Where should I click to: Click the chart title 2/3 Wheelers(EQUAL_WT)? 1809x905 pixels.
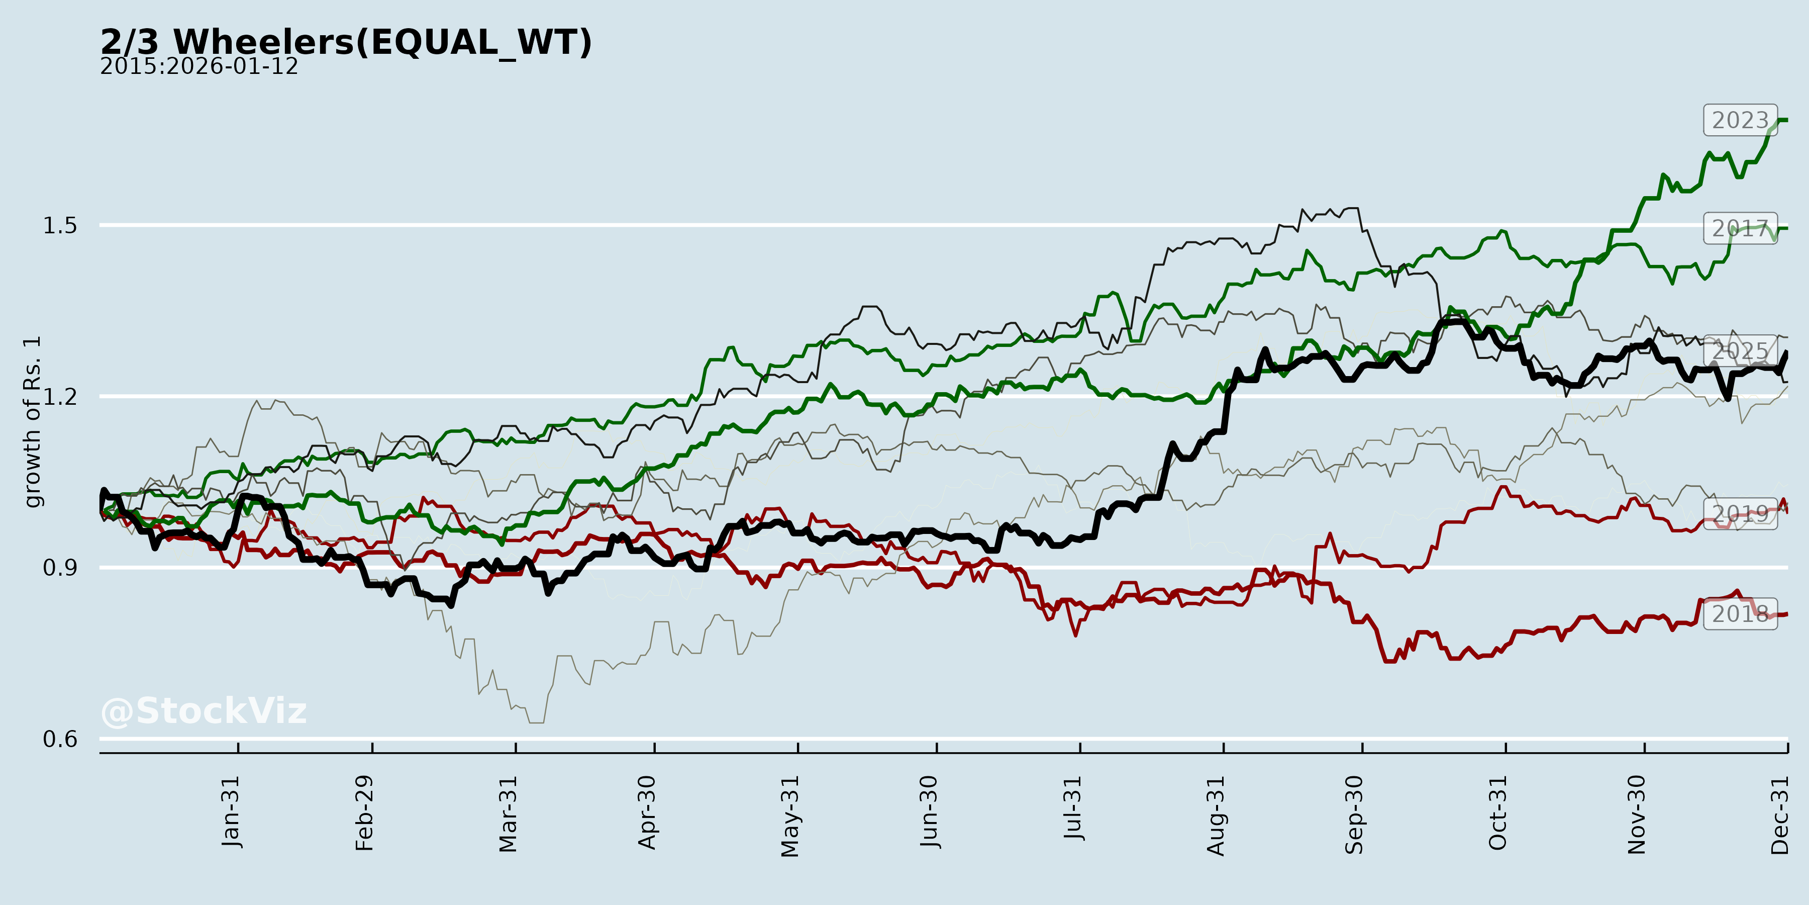346,42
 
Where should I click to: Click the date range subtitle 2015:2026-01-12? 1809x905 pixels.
198,67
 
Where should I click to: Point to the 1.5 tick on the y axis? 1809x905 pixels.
60,226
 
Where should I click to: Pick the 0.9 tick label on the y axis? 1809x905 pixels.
60,568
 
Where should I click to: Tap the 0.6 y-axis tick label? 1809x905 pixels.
60,739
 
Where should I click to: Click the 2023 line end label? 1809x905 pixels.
1740,121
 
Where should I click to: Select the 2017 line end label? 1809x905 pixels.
1740,228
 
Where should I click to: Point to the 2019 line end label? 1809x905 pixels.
1740,514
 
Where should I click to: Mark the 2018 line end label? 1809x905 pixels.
1740,614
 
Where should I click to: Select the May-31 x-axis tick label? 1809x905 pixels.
790,816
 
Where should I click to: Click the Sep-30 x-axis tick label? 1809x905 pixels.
1354,814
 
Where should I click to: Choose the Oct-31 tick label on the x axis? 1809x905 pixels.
1497,812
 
